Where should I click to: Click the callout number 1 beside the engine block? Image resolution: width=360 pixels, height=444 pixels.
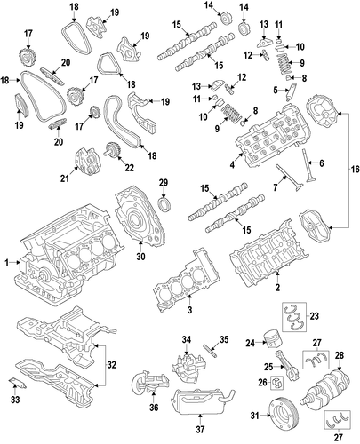point(7,262)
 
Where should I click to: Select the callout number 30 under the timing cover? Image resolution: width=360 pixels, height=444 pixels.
point(141,256)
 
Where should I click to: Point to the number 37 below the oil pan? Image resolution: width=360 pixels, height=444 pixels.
point(200,429)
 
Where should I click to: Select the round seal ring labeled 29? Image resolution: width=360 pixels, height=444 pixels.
point(164,205)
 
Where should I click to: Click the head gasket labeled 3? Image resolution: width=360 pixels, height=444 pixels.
point(186,281)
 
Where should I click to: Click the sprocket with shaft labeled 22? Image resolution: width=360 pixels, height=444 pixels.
point(111,151)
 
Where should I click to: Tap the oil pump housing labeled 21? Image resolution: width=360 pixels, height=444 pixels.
point(87,163)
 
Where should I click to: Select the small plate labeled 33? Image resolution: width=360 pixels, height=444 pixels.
point(17,383)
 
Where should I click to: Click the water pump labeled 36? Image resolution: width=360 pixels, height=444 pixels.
point(150,381)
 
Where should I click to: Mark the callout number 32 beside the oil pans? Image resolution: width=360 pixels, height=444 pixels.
point(112,365)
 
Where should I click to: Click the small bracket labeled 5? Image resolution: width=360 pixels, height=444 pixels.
point(291,91)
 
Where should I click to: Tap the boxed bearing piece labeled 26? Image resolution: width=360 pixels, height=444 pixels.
point(278,383)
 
